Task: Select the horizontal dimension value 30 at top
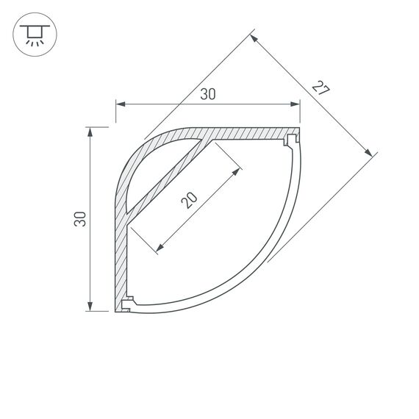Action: (208, 94)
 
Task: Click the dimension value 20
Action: (189, 200)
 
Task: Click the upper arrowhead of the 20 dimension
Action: (237, 172)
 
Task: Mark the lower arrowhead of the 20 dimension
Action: (157, 250)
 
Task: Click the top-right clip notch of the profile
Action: (293, 137)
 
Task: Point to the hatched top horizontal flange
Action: (250, 133)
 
